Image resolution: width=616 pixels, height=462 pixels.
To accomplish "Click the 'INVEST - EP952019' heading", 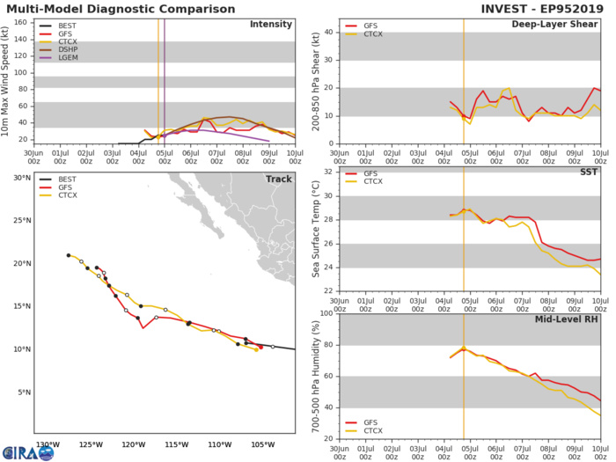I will [x=544, y=8].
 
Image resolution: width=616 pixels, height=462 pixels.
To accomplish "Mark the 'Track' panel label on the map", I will [x=278, y=179].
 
